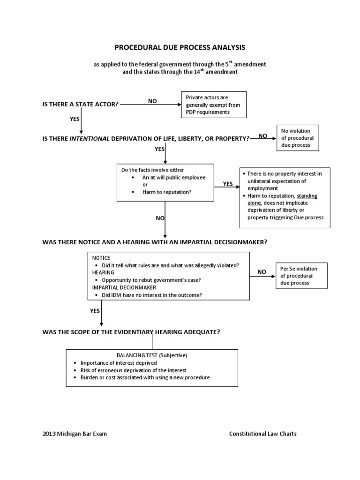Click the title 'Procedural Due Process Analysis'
point(180,47)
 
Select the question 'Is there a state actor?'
point(81,104)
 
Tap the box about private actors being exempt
point(214,105)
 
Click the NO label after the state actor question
point(152,101)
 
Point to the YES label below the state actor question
point(75,119)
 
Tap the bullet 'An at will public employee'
point(173,178)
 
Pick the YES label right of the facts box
point(227,184)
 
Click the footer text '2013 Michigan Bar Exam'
point(75,434)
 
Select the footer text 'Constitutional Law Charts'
point(262,434)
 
